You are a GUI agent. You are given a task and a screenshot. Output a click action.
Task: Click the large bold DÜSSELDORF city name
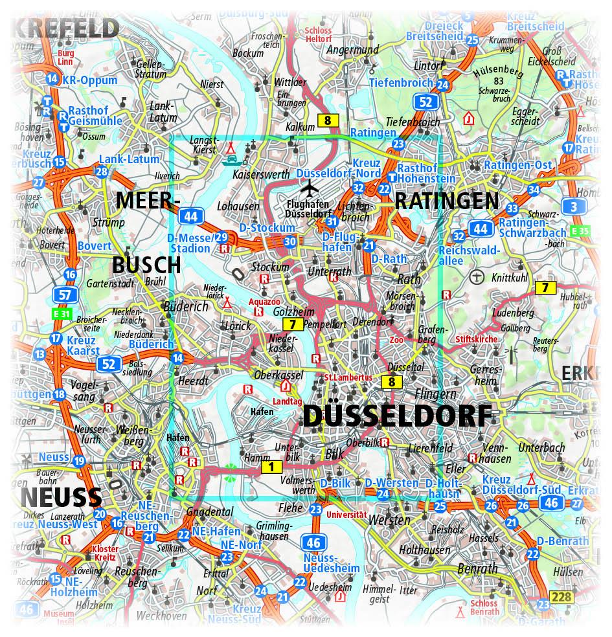[396, 416]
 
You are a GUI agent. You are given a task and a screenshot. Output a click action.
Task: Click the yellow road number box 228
[561, 596]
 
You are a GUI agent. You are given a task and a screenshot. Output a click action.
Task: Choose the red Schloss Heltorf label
[317, 35]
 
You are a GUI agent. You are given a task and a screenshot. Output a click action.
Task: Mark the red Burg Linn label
[66, 58]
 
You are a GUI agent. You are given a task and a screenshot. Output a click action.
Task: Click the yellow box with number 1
[271, 465]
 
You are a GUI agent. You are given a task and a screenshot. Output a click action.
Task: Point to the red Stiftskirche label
[477, 339]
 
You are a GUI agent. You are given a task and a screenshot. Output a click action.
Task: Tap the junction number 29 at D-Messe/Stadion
[221, 237]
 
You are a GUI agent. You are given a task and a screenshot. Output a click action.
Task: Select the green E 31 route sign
[61, 314]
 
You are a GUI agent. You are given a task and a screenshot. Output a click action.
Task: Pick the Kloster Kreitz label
[101, 552]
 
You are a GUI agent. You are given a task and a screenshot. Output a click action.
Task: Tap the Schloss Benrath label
[484, 607]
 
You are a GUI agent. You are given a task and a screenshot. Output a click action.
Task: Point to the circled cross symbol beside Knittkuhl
[477, 277]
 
